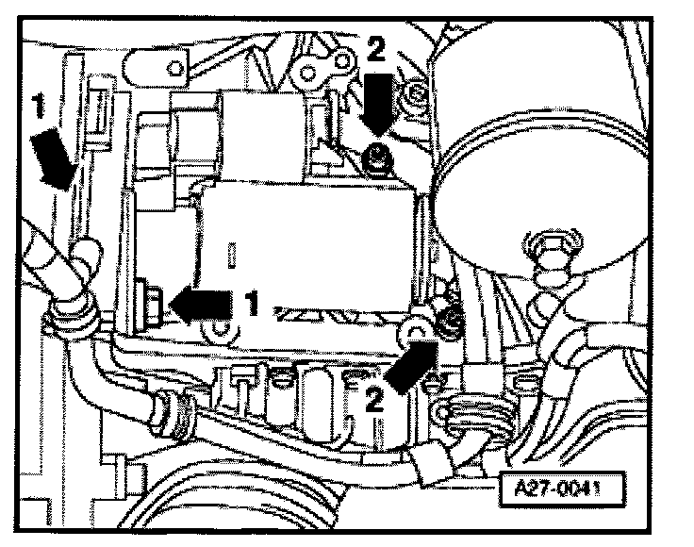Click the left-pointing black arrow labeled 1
pyautogui.click(x=203, y=303)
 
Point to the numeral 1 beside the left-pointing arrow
pyautogui.click(x=250, y=303)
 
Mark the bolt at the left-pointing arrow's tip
pyautogui.click(x=150, y=301)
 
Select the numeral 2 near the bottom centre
pyautogui.click(x=373, y=399)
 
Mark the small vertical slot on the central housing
pyautogui.click(x=231, y=256)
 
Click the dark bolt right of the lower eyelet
pyautogui.click(x=451, y=323)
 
